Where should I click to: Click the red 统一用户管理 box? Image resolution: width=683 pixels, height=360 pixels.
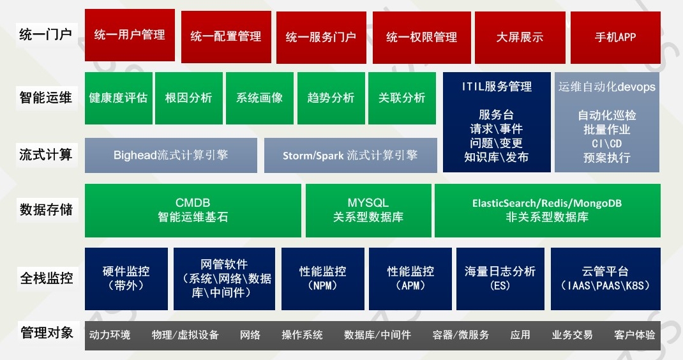130,35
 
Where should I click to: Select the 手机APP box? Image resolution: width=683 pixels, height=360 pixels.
615,38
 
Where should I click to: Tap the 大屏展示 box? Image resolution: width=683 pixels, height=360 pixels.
520,38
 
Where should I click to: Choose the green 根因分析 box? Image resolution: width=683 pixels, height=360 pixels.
188,98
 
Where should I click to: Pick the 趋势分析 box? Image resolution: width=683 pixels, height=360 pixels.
331,98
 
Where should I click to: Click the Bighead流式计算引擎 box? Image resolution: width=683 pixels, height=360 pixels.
171,155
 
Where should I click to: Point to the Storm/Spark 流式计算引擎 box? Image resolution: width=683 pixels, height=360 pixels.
350,155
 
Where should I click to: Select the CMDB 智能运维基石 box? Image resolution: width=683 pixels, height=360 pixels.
193,211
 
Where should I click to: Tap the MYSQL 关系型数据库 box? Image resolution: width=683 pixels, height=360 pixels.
368,211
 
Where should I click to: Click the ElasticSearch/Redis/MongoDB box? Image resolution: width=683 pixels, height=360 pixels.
548,211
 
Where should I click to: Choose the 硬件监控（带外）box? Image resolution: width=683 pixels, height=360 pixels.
126,279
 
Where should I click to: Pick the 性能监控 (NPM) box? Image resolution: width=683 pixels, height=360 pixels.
323,279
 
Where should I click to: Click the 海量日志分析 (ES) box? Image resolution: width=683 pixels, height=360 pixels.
500,279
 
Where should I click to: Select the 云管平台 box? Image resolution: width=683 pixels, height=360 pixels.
606,279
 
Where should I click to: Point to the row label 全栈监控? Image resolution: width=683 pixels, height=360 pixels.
47,278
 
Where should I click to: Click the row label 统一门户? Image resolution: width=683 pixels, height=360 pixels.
46,34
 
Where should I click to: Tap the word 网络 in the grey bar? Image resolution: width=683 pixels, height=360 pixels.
250,334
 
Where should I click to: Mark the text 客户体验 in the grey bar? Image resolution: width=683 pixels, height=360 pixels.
634,334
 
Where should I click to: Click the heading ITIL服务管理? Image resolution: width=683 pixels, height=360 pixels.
497,87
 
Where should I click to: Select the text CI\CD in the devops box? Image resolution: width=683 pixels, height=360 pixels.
607,144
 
